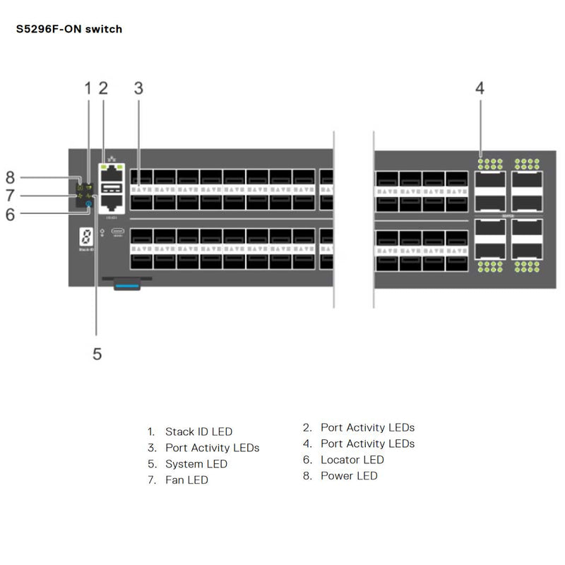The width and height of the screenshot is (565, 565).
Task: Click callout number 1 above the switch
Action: pyautogui.click(x=88, y=88)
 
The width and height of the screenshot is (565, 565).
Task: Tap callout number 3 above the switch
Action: pyautogui.click(x=138, y=88)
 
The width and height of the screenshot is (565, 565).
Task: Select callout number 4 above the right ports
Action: pyautogui.click(x=480, y=88)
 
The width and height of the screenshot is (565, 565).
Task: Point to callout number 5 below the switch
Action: pyautogui.click(x=97, y=353)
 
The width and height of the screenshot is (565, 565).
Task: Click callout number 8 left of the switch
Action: pyautogui.click(x=10, y=177)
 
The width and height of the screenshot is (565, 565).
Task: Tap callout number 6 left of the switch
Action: pyautogui.click(x=10, y=214)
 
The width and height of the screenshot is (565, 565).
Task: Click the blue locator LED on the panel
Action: pyautogui.click(x=88, y=204)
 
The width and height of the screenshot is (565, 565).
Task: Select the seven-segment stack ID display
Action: pyautogui.click(x=85, y=237)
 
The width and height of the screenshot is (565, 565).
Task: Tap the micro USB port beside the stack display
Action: pyautogui.click(x=118, y=231)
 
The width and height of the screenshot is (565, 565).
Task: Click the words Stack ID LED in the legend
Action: pyautogui.click(x=198, y=432)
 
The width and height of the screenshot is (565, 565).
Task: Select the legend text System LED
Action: pyautogui.click(x=196, y=464)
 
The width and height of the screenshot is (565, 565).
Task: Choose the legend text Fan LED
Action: pyautogui.click(x=186, y=480)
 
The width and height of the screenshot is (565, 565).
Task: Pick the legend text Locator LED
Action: pyautogui.click(x=352, y=460)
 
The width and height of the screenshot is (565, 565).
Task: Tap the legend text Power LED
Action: pyautogui.click(x=349, y=476)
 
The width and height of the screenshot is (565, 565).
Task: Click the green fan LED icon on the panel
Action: pyautogui.click(x=80, y=195)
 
